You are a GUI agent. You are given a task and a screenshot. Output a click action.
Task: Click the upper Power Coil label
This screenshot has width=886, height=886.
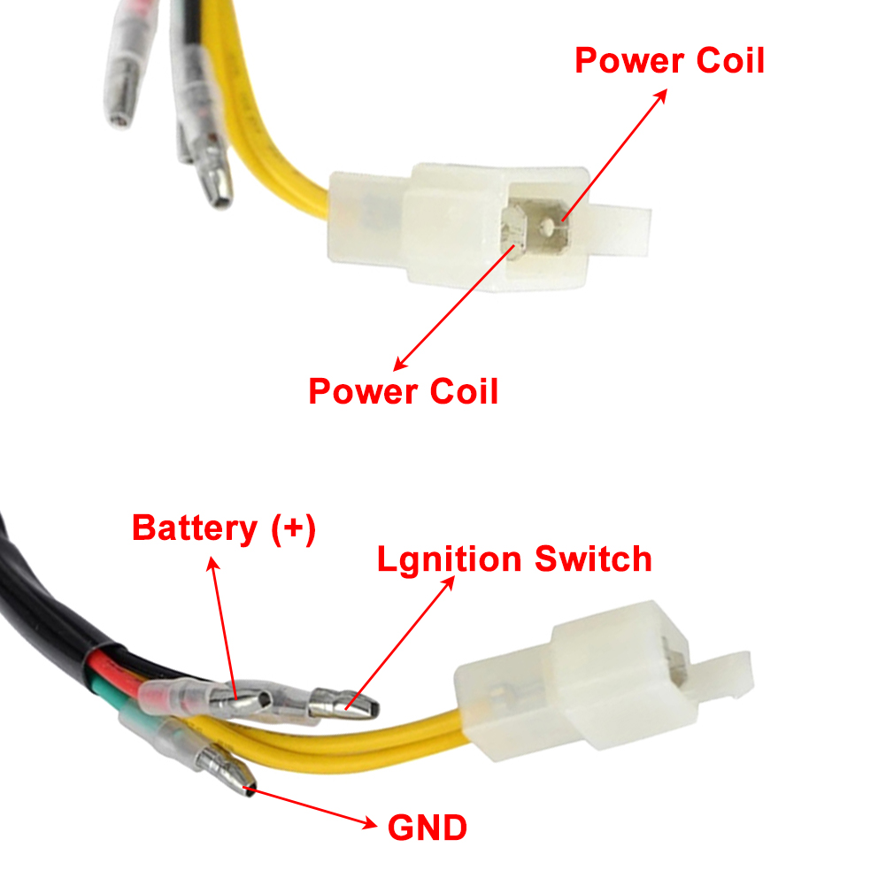[x=669, y=60]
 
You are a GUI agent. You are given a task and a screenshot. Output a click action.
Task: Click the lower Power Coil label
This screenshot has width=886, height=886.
[x=403, y=391]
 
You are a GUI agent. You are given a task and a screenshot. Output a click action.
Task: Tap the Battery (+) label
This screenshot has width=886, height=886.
[x=224, y=529]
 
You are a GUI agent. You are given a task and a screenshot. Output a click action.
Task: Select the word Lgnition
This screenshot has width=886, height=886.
[x=450, y=560]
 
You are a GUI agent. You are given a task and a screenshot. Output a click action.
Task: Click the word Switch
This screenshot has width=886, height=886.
[x=593, y=559]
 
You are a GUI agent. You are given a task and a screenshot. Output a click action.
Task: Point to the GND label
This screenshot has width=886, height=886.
[x=428, y=828]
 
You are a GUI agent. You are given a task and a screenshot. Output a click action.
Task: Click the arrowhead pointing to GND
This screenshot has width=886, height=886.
[x=370, y=823]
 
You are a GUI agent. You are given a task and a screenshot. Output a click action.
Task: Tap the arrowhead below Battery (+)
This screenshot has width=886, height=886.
[x=212, y=564]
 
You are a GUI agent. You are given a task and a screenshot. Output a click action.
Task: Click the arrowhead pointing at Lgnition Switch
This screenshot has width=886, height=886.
[x=448, y=583]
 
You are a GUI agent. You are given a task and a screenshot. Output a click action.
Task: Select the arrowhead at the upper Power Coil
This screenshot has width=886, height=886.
[x=660, y=96]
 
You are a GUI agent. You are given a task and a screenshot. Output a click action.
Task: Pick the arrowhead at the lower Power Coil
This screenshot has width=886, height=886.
[x=401, y=363]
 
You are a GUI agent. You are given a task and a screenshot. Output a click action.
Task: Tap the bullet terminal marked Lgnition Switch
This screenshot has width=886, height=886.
[x=343, y=704]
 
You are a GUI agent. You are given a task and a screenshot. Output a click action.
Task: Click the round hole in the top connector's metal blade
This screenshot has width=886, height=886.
[x=548, y=227]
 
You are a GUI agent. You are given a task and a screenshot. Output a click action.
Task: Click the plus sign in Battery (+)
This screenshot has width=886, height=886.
[x=293, y=528]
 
